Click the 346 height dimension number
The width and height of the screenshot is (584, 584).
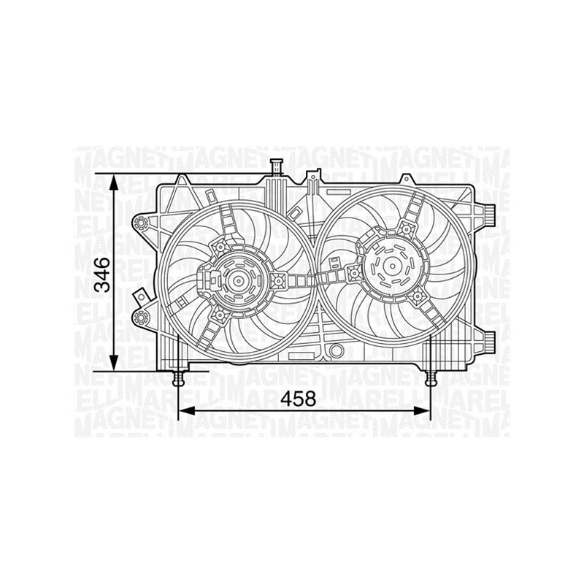105,274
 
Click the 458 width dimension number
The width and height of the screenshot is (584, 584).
300,399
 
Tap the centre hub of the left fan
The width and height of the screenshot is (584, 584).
237,280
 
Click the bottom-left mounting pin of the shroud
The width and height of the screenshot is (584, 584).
177,377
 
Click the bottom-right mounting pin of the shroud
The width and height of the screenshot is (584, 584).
431,377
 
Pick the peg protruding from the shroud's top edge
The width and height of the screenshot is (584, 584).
276,166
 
